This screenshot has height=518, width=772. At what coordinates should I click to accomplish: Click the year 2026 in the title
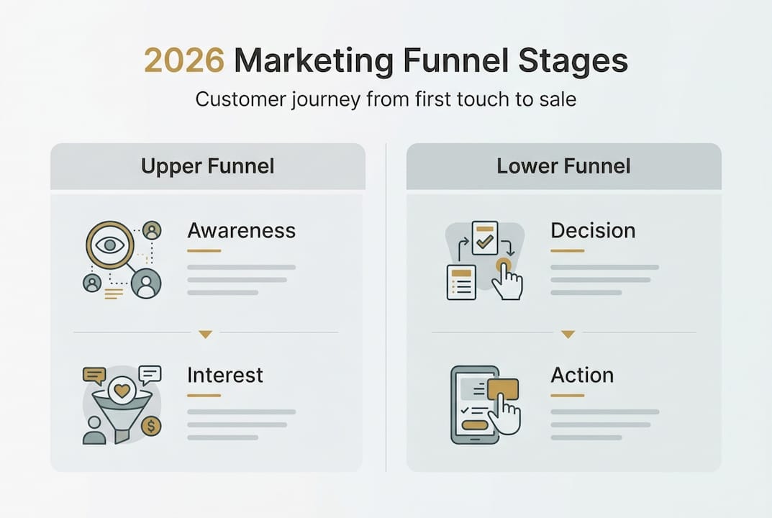pos(183,62)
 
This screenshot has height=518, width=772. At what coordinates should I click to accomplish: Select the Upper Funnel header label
pos(207,166)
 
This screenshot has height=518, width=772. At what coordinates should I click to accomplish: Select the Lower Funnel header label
pos(563,166)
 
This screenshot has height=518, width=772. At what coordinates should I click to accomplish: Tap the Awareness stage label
pos(241,231)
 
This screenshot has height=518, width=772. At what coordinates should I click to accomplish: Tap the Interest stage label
pos(224,375)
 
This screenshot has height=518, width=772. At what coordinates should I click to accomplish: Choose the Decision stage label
pos(593,231)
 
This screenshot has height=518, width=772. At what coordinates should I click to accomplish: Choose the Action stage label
pos(582,375)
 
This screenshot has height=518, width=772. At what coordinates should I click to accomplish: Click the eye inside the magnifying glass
pos(109,245)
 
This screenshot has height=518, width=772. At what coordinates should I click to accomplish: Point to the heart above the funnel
pos(123,390)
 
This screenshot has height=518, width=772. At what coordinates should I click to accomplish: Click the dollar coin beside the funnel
pos(151,427)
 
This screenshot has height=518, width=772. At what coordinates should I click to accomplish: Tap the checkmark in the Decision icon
pos(484,240)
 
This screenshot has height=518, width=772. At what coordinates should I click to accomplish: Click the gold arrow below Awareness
pos(206,334)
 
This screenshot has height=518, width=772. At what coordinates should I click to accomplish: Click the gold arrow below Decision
pos(568,334)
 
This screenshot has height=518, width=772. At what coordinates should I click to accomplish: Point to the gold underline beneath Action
pos(567,395)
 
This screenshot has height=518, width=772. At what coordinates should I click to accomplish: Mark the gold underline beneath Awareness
pos(204,251)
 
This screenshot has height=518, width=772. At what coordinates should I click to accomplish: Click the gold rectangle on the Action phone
pos(502,389)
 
